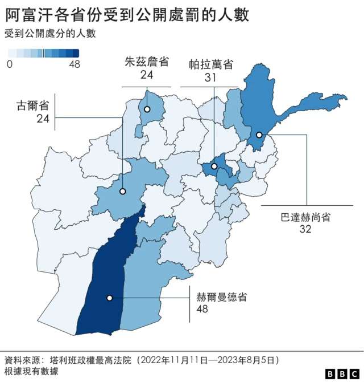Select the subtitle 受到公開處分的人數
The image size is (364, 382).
coord(50,34)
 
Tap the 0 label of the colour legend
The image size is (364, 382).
coord(9,64)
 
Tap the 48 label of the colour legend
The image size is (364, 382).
coord(74,64)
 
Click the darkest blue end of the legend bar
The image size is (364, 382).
coord(75,54)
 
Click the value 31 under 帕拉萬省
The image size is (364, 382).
coord(210,77)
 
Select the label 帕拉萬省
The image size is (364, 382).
coord(210,64)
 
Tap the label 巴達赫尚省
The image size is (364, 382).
coord(305,217)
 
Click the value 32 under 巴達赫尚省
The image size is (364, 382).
coord(305,229)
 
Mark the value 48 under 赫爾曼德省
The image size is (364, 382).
coord(202,309)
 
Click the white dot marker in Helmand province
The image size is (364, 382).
coord(109,298)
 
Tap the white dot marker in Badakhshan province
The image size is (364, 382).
coord(259,135)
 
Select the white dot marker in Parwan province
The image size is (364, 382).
coord(214,166)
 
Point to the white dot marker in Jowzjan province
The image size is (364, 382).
coord(147,109)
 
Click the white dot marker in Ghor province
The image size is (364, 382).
coord(122,192)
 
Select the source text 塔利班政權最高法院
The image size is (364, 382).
coord(90,360)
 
